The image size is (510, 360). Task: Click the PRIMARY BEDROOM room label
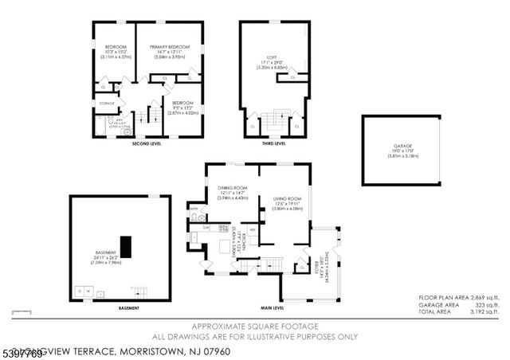pos(168,47)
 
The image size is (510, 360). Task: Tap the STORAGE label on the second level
pos(107,104)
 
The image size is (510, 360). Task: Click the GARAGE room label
pos(402,147)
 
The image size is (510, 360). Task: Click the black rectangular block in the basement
pos(125,246)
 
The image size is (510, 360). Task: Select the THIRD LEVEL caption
pos(273,144)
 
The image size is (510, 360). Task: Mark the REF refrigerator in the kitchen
pos(252,230)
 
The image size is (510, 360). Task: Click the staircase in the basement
pos(139,292)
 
